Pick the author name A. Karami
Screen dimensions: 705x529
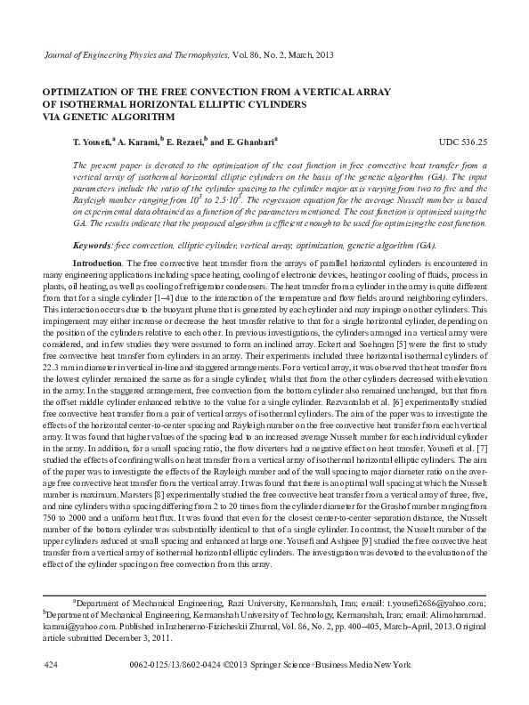[137, 142]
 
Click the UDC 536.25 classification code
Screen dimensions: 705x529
[463, 142]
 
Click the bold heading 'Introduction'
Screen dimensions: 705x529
[98, 265]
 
